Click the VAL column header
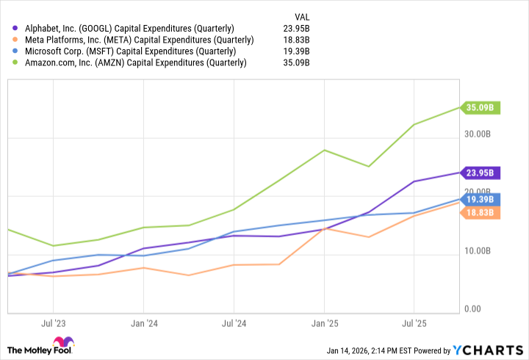(301, 15)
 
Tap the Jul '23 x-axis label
(53, 323)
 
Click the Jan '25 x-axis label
(324, 323)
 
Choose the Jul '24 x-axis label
(234, 323)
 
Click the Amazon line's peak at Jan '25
(324, 150)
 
